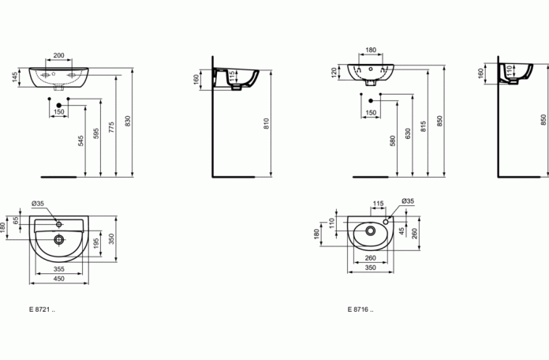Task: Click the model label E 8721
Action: tap(42, 309)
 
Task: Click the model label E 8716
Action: tap(360, 309)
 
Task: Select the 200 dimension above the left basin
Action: tap(59, 55)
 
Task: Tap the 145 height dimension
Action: tap(15, 77)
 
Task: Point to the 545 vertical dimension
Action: tap(81, 141)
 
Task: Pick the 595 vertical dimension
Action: tap(96, 133)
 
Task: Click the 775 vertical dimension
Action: tap(111, 127)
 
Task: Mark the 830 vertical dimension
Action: tap(128, 122)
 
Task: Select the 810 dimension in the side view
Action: tap(267, 124)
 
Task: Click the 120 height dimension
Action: tap(334, 73)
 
